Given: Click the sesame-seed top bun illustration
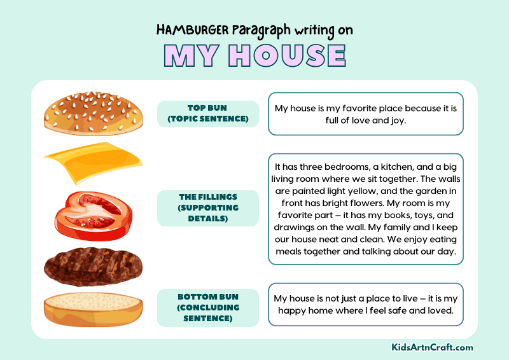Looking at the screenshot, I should click(x=94, y=113).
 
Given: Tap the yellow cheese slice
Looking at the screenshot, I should click(x=92, y=162).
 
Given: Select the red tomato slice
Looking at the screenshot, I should click(x=94, y=212).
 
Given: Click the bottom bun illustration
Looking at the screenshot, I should click(x=94, y=309).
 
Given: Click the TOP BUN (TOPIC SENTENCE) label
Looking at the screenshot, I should click(x=207, y=113).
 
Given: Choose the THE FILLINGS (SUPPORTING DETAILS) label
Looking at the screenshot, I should click(x=207, y=207).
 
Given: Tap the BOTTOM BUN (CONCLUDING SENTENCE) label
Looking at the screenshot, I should click(x=207, y=307).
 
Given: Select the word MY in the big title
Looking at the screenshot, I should click(x=191, y=56).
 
